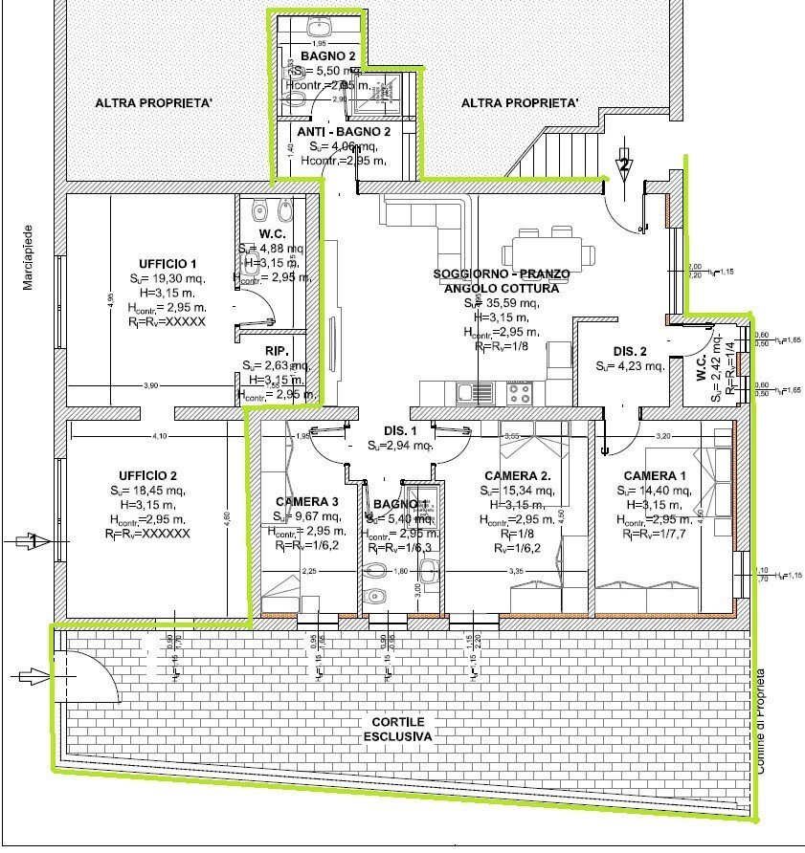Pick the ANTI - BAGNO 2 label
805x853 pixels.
tap(344, 132)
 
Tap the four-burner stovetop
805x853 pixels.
tap(519, 390)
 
